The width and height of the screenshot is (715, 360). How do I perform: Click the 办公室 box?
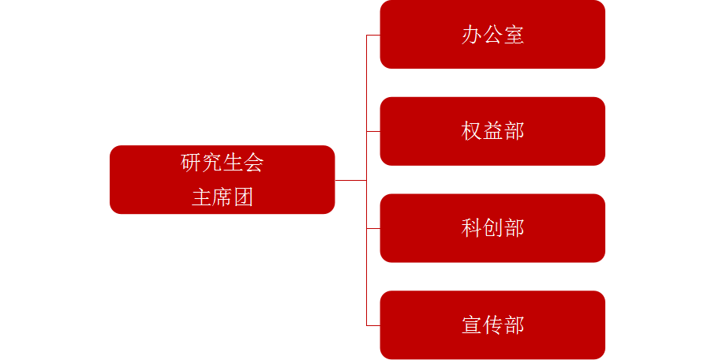pyautogui.click(x=492, y=35)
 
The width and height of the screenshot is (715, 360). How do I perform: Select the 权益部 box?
pyautogui.click(x=492, y=131)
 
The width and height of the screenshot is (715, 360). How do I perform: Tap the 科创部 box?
pyautogui.click(x=492, y=228)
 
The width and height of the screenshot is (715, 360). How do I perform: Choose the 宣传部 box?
pyautogui.click(x=492, y=325)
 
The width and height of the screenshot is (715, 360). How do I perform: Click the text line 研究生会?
pyautogui.click(x=222, y=163)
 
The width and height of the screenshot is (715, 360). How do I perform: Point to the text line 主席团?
pyautogui.click(x=222, y=197)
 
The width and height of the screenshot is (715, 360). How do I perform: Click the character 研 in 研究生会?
pyautogui.click(x=191, y=163)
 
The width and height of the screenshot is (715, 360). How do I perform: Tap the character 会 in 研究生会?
pyautogui.click(x=253, y=163)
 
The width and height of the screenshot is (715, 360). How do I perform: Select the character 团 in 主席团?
pyautogui.click(x=243, y=197)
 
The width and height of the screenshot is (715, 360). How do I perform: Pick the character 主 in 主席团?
pyautogui.click(x=201, y=197)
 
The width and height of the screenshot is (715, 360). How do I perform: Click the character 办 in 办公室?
pyautogui.click(x=471, y=35)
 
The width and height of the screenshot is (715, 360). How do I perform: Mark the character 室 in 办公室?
pyautogui.click(x=514, y=35)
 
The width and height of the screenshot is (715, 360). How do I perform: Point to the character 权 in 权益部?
pyautogui.click(x=471, y=131)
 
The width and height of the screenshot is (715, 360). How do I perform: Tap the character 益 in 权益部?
pyautogui.click(x=492, y=131)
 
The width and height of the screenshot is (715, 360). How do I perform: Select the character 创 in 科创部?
pyautogui.click(x=492, y=228)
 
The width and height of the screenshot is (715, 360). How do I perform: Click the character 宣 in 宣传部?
pyautogui.click(x=471, y=325)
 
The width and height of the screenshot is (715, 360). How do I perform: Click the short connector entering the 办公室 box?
pyautogui.click(x=373, y=35)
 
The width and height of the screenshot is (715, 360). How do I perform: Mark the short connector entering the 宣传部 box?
pyautogui.click(x=373, y=325)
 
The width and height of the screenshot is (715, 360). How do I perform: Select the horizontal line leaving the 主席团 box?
pyautogui.click(x=351, y=180)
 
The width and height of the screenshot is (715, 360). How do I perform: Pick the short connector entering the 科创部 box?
pyautogui.click(x=373, y=228)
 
